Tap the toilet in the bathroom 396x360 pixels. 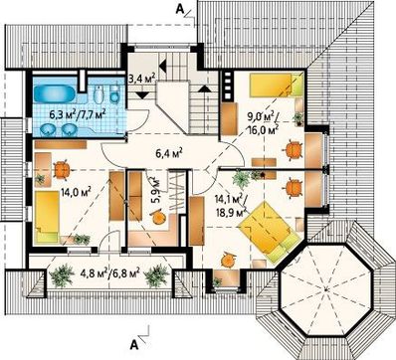99,94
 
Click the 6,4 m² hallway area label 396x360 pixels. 170,153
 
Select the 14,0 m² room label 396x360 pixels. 76,192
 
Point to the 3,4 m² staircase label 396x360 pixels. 141,80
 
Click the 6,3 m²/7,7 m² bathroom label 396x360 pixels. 78,115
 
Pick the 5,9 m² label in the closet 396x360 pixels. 155,190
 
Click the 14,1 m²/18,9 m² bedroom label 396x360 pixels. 231,206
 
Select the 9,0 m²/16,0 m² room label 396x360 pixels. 263,122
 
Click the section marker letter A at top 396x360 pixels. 179,10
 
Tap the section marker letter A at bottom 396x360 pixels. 134,345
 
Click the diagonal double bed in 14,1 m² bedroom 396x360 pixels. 272,233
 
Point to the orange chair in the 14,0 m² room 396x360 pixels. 62,170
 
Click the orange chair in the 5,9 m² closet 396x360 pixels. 158,217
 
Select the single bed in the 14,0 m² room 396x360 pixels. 47,216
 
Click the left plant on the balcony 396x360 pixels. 62,275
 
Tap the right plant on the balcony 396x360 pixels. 156,275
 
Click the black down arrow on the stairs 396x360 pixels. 143,95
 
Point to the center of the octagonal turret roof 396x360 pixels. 327,288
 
